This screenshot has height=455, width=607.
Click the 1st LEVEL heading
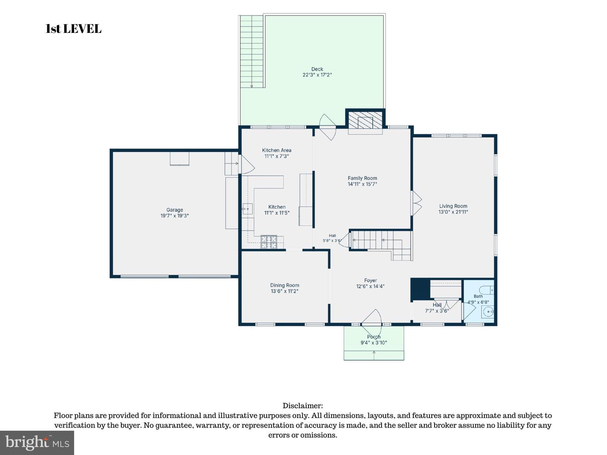[x=74, y=29]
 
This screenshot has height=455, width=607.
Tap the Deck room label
[x=317, y=69]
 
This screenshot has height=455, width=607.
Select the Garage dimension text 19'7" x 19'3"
[x=175, y=216]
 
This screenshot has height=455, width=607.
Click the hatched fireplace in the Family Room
[x=365, y=120]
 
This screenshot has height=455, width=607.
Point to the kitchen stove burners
[x=269, y=242]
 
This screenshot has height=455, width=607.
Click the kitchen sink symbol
[x=247, y=209]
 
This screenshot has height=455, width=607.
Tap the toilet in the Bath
[x=486, y=290]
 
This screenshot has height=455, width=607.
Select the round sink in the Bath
[x=489, y=312]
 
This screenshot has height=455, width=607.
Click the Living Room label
[x=453, y=206]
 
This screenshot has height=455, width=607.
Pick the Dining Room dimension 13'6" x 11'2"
[x=285, y=291]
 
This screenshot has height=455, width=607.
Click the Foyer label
[x=371, y=281]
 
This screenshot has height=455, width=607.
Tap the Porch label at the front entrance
[x=373, y=337]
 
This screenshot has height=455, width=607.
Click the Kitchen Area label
[x=277, y=150]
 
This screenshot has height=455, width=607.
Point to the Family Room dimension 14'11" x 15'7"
[x=362, y=184]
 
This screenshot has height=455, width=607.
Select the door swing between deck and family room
[x=328, y=127]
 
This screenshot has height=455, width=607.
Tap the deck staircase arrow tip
[x=252, y=87]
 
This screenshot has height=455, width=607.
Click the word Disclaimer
[x=303, y=406]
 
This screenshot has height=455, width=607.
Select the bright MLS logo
[x=37, y=442]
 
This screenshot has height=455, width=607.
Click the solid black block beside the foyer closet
[x=420, y=289]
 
